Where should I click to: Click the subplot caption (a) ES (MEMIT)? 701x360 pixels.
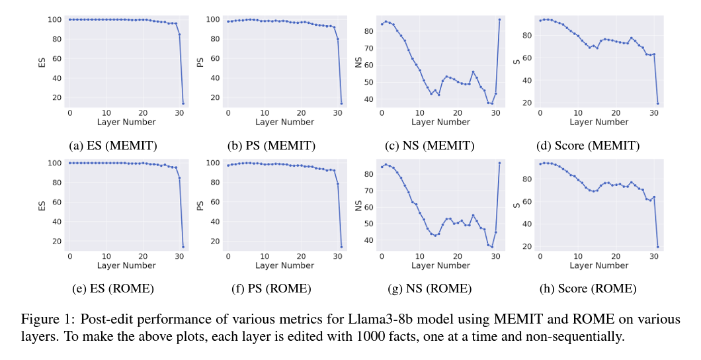[x=112, y=146]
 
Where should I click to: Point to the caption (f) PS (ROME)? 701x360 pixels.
[x=271, y=289]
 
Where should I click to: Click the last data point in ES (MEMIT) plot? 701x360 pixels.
[x=183, y=103]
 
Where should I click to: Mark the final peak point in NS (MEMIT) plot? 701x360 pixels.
[x=499, y=19]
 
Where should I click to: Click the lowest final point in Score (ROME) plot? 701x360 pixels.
[x=658, y=247]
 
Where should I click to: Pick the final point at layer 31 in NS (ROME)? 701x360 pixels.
[x=499, y=163]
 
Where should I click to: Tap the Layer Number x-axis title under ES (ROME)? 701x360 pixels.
[x=126, y=265]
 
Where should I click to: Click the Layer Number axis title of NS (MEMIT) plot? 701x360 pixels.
[x=440, y=122]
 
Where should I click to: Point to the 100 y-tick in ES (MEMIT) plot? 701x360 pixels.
[x=56, y=19]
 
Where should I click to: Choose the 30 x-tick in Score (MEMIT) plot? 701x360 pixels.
[x=653, y=112]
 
